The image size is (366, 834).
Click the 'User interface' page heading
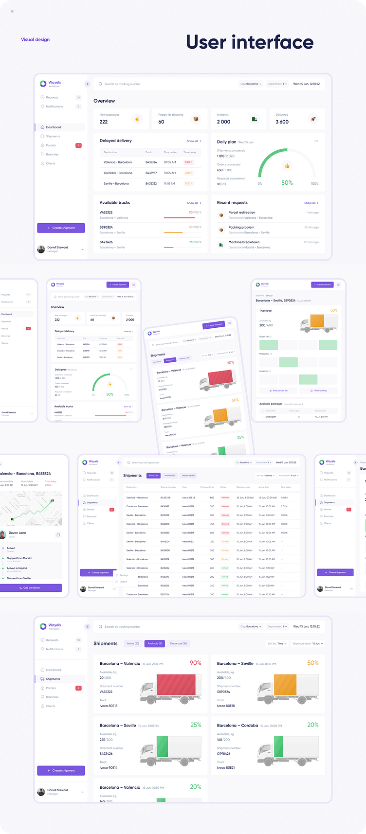(x=250, y=42)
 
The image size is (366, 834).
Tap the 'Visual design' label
(x=35, y=39)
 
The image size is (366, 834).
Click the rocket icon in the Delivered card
(x=313, y=119)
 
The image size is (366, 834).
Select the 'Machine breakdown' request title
(x=244, y=242)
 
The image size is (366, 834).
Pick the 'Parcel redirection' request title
(x=241, y=213)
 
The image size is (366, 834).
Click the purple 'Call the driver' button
(x=31, y=588)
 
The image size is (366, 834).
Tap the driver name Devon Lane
(x=17, y=533)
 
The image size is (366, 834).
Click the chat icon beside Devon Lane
(x=58, y=535)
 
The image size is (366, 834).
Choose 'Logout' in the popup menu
(x=123, y=582)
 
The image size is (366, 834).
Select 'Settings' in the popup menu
(x=124, y=575)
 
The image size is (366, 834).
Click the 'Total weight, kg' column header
(x=207, y=487)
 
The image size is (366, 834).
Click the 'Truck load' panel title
(x=265, y=310)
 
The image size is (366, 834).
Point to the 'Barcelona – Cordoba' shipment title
(x=238, y=726)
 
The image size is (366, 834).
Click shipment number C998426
(x=223, y=754)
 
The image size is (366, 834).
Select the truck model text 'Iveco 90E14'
(x=109, y=767)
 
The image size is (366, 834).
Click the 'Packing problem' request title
(x=241, y=227)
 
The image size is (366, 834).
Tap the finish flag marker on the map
(x=52, y=500)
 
